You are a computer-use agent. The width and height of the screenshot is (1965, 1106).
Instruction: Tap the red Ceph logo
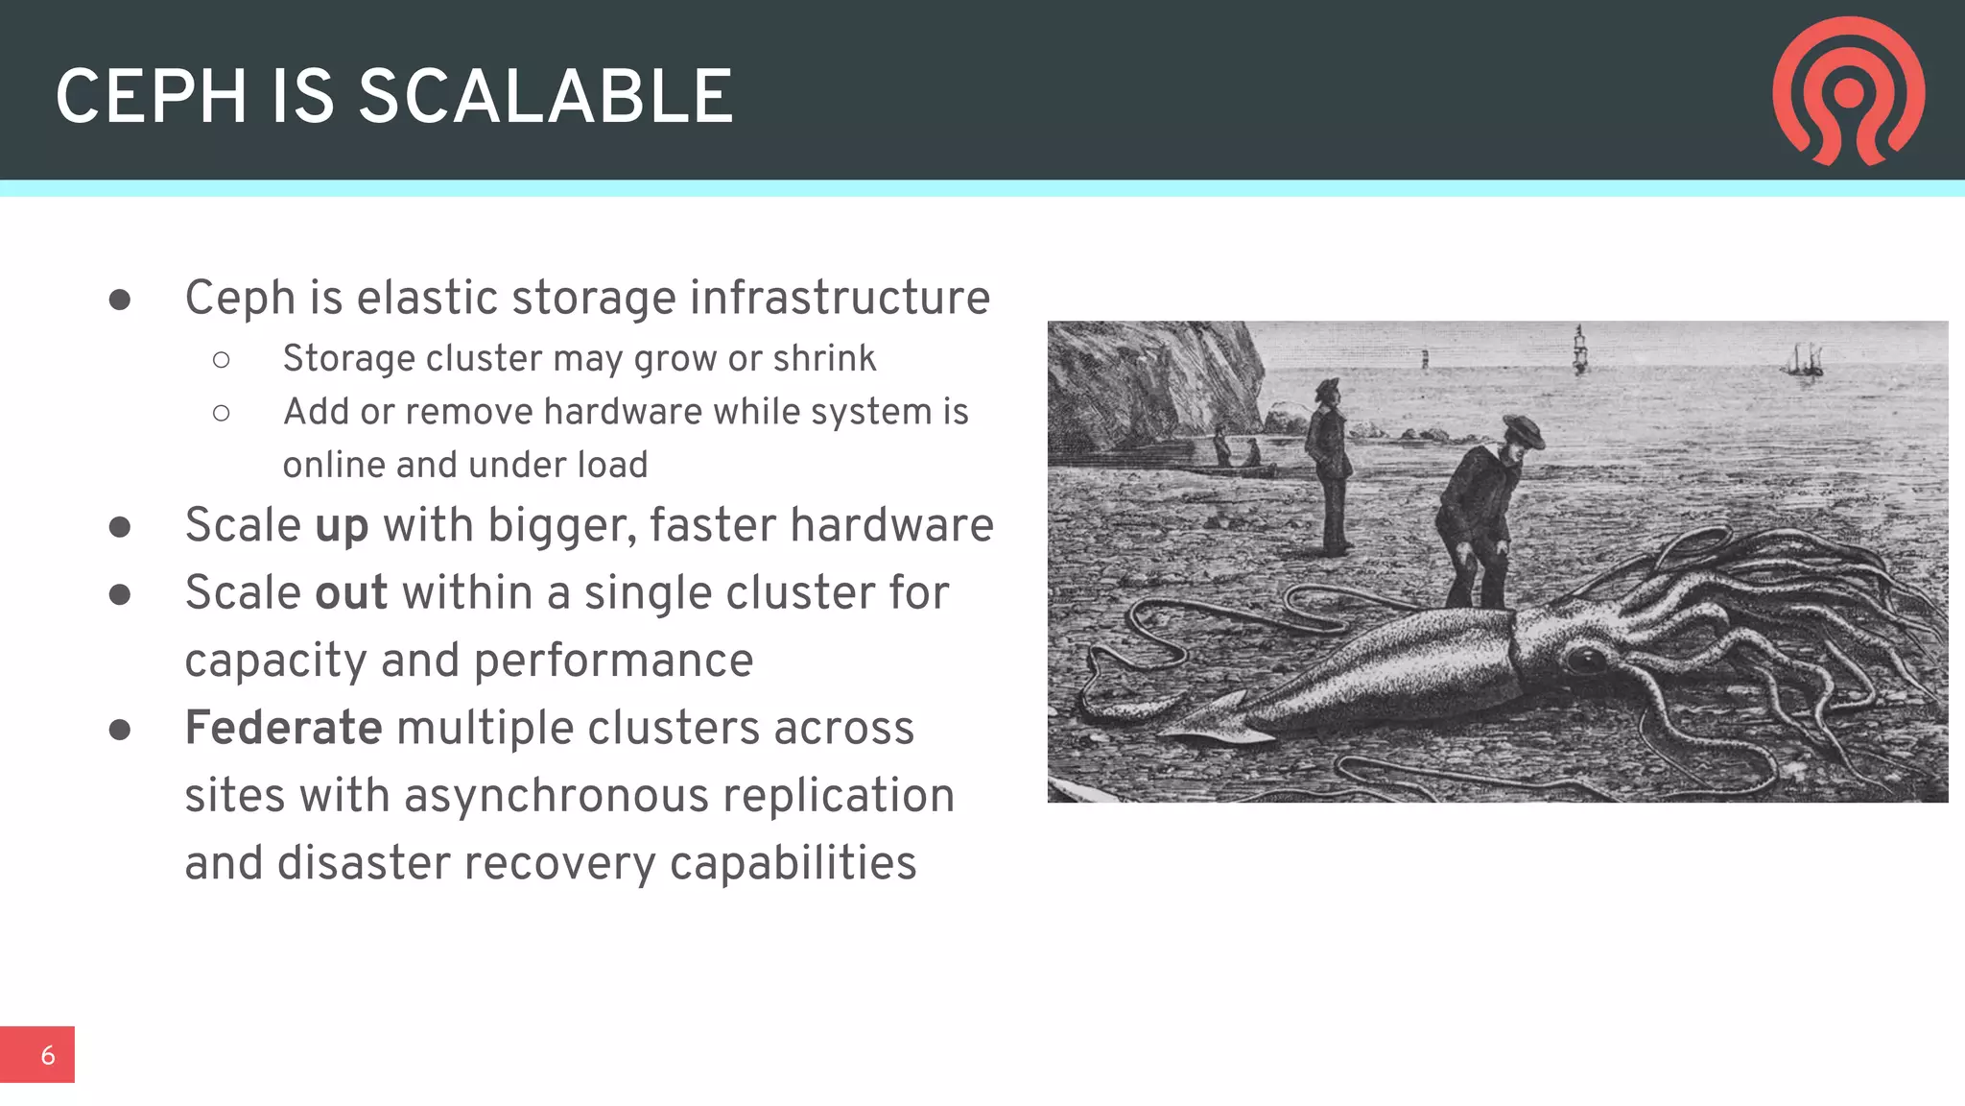click(1848, 91)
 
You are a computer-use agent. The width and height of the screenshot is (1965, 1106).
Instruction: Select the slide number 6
click(47, 1055)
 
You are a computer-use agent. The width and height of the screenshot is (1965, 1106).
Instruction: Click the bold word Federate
click(284, 728)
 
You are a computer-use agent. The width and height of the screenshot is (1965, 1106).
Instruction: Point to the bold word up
click(342, 526)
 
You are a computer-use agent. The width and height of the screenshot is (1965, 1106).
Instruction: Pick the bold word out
click(351, 593)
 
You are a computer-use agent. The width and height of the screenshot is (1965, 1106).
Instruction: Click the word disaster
click(364, 863)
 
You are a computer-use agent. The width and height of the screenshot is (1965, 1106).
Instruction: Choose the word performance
click(613, 661)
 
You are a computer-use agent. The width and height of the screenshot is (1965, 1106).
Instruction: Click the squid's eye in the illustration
click(1585, 660)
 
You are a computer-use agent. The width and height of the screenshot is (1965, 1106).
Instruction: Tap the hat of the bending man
click(1521, 429)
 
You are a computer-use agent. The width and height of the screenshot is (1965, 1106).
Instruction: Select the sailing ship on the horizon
click(1804, 360)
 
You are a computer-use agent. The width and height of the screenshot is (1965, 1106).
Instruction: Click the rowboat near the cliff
click(1238, 469)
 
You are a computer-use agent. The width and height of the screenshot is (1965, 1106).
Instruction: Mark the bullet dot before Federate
click(120, 730)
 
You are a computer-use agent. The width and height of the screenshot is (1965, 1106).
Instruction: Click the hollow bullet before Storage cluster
click(222, 360)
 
